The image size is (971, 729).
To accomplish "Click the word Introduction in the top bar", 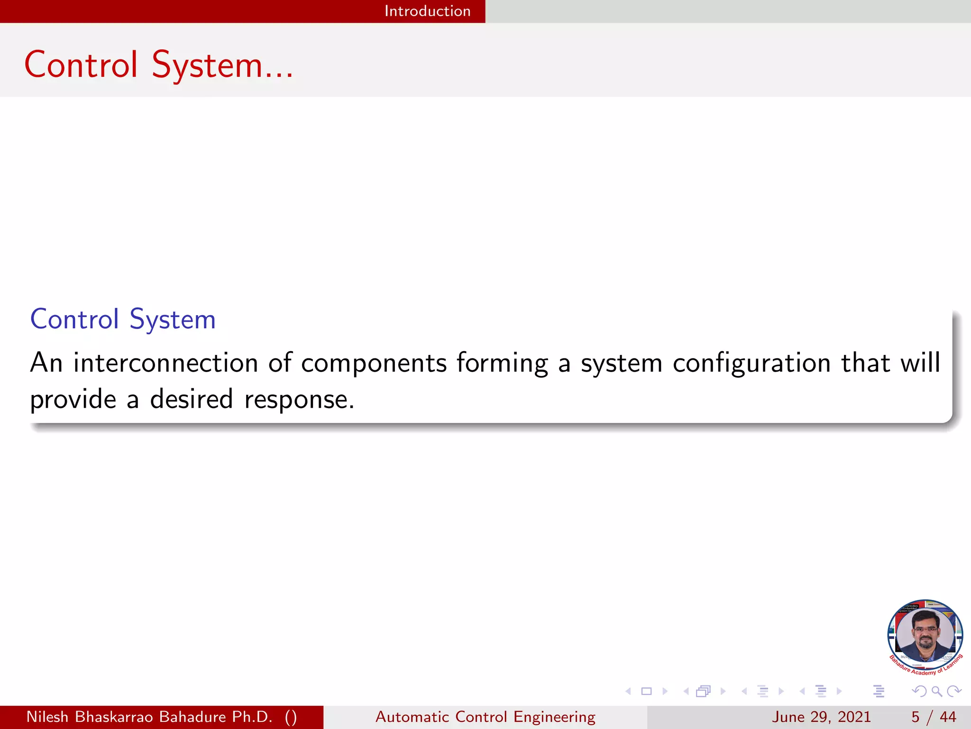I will click(427, 11).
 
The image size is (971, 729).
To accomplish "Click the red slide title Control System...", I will click(158, 65).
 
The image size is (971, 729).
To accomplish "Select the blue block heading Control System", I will click(123, 319).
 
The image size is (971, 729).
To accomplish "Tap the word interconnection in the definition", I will click(165, 363).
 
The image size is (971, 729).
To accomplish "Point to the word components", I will click(374, 364).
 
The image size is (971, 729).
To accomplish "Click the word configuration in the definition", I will click(751, 364).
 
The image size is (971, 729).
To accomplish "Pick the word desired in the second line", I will click(192, 399).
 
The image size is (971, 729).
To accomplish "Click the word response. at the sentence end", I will click(299, 400).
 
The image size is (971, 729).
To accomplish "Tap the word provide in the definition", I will click(73, 400).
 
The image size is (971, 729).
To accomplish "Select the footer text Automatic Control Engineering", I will click(485, 717).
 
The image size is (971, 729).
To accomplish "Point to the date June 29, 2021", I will click(821, 717).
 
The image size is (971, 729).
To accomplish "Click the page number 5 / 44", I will click(933, 717).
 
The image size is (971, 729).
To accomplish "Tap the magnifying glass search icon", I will click(936, 691).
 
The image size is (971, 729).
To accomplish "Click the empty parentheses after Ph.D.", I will click(291, 717).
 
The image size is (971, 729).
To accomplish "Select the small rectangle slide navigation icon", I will click(646, 691).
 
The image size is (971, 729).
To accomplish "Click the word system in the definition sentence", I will click(622, 364).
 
